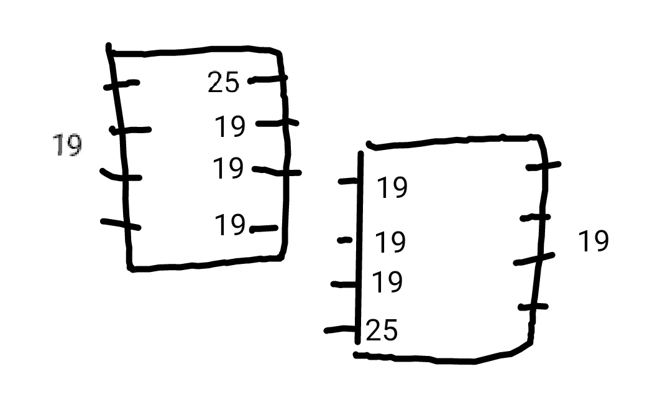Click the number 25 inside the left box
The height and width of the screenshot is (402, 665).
(223, 82)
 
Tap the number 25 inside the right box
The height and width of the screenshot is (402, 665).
(382, 330)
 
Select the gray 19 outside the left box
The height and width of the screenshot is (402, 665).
(67, 146)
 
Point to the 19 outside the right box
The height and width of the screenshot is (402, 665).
(593, 241)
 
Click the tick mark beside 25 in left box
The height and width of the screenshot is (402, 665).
(268, 79)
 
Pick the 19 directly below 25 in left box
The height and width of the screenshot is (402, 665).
(230, 126)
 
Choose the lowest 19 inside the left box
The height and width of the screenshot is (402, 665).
(230, 225)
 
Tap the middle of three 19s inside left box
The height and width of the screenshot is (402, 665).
(228, 169)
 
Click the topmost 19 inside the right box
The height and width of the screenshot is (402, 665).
(392, 187)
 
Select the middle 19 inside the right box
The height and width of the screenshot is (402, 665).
(390, 242)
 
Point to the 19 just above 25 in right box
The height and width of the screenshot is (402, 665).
(387, 283)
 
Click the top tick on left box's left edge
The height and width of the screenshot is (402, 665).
(121, 84)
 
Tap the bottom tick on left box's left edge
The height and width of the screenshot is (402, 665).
(121, 224)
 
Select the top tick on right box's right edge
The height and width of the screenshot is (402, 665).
(543, 166)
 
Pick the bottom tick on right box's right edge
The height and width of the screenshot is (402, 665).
(533, 307)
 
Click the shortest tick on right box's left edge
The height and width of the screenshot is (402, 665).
(345, 240)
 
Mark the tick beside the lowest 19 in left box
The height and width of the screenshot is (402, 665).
(264, 229)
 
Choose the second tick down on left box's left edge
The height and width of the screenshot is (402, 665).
(131, 130)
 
